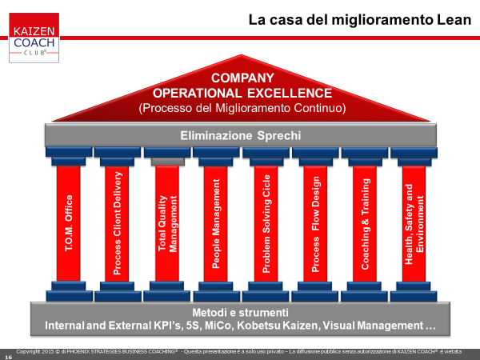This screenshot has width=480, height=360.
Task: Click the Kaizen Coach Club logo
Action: coord(34,38)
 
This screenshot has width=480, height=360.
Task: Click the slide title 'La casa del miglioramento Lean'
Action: coord(360,20)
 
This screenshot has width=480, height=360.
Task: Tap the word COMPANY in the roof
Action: coord(242,78)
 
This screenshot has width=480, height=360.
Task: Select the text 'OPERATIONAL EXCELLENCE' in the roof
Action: coord(242,93)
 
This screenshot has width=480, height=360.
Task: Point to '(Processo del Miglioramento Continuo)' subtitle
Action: coord(242,108)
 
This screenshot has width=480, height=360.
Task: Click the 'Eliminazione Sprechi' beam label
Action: coord(241,135)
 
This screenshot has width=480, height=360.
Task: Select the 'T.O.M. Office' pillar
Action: coord(69,223)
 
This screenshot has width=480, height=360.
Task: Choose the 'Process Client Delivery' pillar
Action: coord(117,223)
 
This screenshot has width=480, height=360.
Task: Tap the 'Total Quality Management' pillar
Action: coord(167,223)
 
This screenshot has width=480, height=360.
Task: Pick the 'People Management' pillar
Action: coord(216,223)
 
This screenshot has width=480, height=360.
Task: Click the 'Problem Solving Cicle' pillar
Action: coord(266,223)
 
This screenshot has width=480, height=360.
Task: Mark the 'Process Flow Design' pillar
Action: coord(315,223)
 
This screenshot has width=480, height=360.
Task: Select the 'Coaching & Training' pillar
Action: coord(365,223)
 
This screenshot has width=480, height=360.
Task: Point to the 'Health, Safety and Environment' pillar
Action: coord(414,223)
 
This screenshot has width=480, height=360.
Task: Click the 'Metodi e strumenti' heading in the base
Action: coord(240,313)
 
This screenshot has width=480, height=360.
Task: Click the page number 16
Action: coord(9,358)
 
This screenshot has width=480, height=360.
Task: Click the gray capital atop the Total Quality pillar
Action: coord(168,162)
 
